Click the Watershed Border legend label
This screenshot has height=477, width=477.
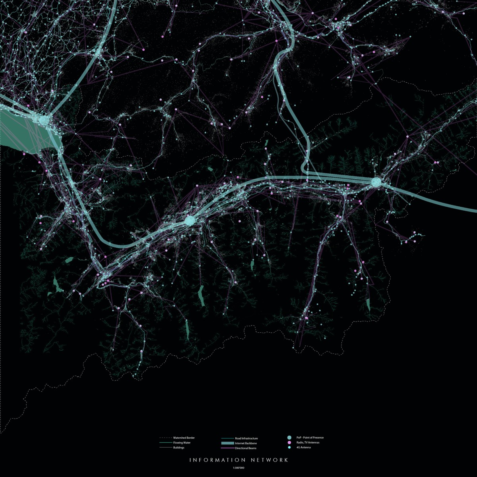(x=184, y=438)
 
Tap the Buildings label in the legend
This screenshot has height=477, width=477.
(x=179, y=448)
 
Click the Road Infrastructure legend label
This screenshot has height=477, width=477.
(x=246, y=438)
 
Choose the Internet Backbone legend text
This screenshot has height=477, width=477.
(x=246, y=443)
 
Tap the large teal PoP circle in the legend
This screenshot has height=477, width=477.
(x=289, y=438)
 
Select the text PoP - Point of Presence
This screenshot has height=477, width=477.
(x=310, y=438)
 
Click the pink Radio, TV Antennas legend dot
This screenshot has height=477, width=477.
(x=289, y=442)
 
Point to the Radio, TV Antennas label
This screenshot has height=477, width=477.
(x=308, y=442)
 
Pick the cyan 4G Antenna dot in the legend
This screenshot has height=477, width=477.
(x=289, y=448)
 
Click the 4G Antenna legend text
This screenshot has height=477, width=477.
(x=304, y=448)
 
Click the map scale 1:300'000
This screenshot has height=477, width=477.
(x=238, y=468)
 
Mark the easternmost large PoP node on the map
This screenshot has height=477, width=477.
(x=376, y=182)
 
